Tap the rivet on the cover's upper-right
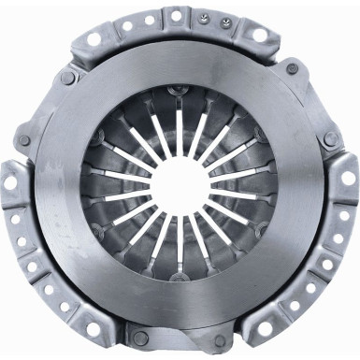293,79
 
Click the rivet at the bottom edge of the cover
140,337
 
